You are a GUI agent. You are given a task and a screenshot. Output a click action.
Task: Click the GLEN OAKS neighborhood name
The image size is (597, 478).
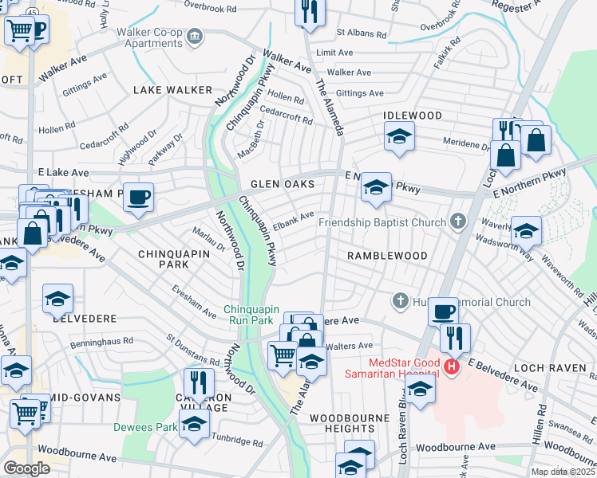click(282, 184)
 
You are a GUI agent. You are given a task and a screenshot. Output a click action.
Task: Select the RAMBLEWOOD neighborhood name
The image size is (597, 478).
click(386, 256)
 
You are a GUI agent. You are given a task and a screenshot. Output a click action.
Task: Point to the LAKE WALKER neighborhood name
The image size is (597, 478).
click(172, 91)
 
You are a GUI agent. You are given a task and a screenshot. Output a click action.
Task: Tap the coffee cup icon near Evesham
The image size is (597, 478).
click(139, 196)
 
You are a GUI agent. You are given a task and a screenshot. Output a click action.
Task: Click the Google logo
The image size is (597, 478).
click(26, 468)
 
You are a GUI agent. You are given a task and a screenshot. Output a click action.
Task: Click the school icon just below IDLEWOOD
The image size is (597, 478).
click(399, 136)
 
